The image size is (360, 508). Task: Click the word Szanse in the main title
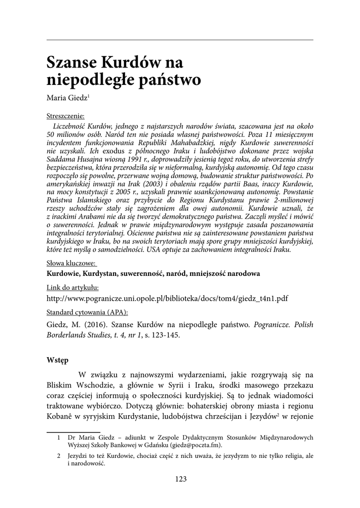(x=69, y=63)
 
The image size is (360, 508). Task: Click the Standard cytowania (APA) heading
(x=87, y=313)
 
